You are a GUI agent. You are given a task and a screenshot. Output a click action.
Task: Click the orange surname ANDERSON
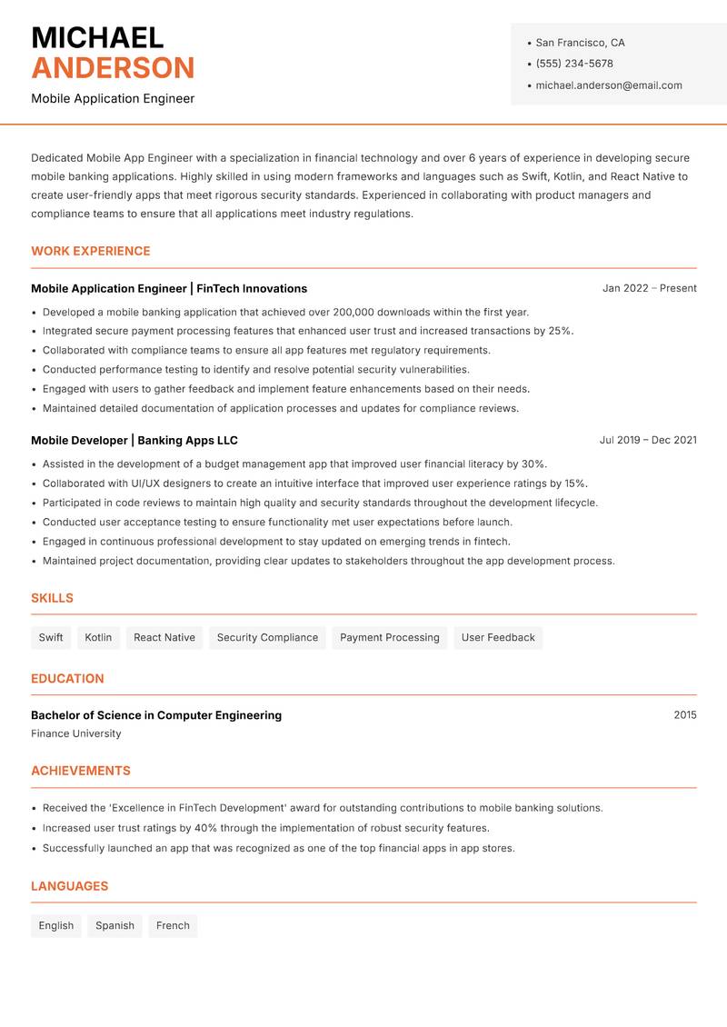[x=113, y=68]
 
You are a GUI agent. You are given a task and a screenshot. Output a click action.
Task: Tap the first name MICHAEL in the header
[x=97, y=37]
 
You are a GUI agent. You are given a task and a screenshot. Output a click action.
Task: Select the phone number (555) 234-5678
[x=574, y=64]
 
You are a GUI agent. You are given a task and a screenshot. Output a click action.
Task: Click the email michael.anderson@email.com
[x=609, y=85]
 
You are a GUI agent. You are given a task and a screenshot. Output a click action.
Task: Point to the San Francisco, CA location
[x=580, y=43]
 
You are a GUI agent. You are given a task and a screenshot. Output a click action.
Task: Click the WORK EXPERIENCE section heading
[x=91, y=251]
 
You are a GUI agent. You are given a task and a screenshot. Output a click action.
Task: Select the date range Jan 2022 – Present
[x=649, y=288]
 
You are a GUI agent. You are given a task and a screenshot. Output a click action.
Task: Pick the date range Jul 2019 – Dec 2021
[x=648, y=440]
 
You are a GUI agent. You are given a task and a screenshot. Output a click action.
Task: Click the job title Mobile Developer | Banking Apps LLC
[x=134, y=440]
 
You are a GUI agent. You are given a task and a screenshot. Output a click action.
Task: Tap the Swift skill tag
[x=51, y=637]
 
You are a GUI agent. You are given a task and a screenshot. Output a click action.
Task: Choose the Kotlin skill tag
[x=98, y=637]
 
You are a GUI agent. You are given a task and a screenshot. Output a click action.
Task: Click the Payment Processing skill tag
[x=389, y=637]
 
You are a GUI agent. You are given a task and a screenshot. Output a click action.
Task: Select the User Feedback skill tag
[x=498, y=637]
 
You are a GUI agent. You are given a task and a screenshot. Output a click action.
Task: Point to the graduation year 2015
[x=685, y=715]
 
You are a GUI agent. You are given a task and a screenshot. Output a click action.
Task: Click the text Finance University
[x=75, y=733]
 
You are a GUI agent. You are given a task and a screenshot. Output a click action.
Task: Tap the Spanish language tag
[x=115, y=925]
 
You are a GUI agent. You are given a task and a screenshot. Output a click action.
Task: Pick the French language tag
[x=173, y=925]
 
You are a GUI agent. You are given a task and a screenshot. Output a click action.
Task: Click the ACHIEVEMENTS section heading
[x=81, y=771]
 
